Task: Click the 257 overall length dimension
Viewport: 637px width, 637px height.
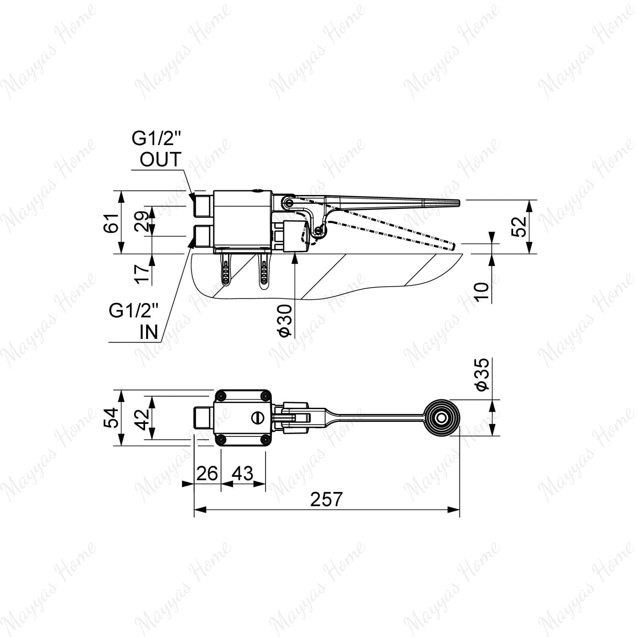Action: pyautogui.click(x=326, y=499)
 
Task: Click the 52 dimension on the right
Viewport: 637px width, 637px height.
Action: pyautogui.click(x=519, y=227)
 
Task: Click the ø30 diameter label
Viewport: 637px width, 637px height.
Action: pyautogui.click(x=285, y=321)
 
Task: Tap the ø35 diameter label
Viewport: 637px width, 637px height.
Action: pyautogui.click(x=482, y=375)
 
